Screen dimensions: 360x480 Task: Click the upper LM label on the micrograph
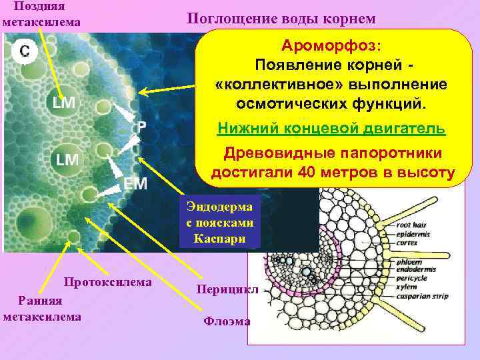tap(64, 103)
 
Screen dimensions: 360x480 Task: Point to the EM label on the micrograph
tap(135, 183)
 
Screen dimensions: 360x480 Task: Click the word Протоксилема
tap(107, 282)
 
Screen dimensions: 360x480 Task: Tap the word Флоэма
tap(227, 321)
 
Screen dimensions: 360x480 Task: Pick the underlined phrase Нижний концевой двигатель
tap(331, 129)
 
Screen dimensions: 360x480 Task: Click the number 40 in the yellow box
tap(330, 173)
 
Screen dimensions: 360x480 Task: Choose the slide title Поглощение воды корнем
tap(281, 18)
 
